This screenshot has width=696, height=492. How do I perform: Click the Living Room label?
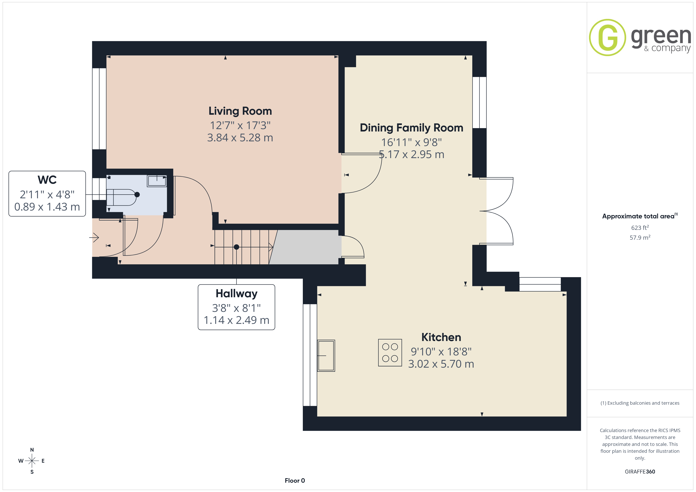point(240,111)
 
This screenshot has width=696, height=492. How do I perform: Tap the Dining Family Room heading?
point(411,128)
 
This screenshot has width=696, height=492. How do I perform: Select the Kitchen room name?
point(441,337)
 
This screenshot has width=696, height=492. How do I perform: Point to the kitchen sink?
point(326,356)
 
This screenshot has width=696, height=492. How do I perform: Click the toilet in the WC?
point(123,197)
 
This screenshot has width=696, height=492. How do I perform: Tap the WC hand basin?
point(157,181)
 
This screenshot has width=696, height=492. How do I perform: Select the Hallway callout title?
point(237,294)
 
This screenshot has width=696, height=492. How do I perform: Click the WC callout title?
point(47,180)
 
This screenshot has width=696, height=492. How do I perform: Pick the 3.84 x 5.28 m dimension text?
point(240,138)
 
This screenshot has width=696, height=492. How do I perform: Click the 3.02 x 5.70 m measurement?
point(441,364)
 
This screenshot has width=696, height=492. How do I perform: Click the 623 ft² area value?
point(640,227)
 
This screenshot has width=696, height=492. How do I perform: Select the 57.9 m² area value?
point(640,238)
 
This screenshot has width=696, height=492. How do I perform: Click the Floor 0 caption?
point(295,481)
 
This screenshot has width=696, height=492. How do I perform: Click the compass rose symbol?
point(32,461)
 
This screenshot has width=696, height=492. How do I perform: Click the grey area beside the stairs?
point(305,247)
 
